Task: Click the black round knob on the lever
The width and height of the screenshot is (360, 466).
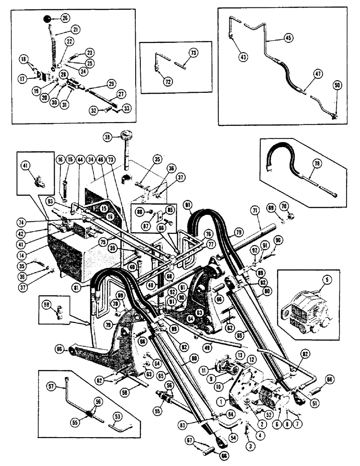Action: [x=47, y=19]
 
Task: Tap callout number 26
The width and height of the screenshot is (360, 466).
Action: [x=65, y=19]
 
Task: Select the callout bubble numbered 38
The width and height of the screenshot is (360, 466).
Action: [x=108, y=138]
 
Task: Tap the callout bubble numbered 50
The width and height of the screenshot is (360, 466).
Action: [x=337, y=85]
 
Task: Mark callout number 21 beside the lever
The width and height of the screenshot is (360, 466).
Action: [x=76, y=29]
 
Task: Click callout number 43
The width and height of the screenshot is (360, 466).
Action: [x=243, y=57]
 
